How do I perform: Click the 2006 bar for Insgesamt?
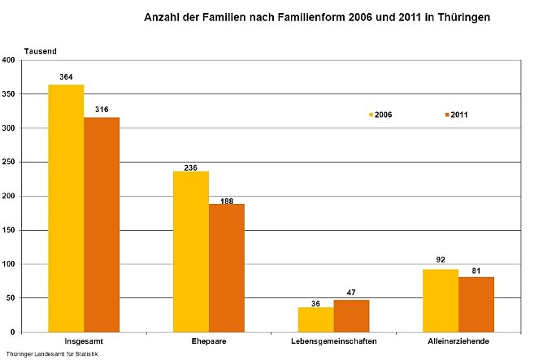[66, 208]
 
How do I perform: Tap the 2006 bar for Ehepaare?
[191, 252]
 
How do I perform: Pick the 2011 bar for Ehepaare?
[227, 268]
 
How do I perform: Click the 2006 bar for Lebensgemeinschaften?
[316, 319]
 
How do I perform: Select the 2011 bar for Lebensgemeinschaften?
[352, 316]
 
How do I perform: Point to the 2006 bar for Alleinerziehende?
[441, 301]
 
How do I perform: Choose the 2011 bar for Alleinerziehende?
[477, 305]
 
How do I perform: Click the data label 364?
[66, 77]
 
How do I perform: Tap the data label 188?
[227, 197]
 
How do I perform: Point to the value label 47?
[352, 293]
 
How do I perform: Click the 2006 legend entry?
[379, 115]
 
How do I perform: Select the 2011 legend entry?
[454, 115]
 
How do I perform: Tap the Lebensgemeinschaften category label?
[334, 341]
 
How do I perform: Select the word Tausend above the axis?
[40, 50]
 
